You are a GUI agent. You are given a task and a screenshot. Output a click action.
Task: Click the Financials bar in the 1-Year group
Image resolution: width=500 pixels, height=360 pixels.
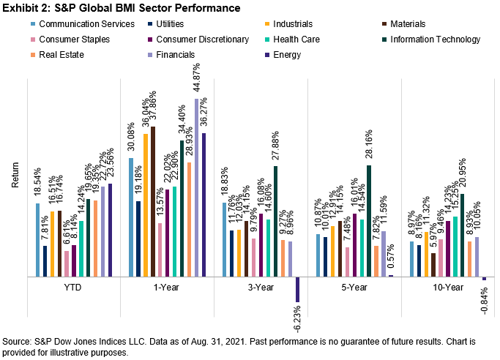(x=197, y=187)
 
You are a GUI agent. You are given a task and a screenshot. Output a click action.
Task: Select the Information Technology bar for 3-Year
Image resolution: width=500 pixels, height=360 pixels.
(x=276, y=221)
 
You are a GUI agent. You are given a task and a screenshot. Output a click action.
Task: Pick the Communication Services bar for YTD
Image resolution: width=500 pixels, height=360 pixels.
(x=37, y=240)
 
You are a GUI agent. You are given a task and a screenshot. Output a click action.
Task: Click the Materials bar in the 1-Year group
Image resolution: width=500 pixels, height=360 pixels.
(x=153, y=202)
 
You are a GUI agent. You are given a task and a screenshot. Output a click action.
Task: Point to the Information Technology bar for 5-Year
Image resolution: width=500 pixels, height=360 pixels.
(x=370, y=221)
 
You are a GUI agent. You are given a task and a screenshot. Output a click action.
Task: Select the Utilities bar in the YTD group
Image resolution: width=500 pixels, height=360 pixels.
(x=45, y=261)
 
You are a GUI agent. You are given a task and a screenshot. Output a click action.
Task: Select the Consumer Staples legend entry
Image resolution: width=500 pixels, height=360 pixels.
(x=63, y=37)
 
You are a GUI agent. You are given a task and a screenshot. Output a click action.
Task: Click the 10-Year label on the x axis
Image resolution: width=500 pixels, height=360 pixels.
(x=447, y=288)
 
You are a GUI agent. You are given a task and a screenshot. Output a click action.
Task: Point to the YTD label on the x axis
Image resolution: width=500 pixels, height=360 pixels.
(x=72, y=288)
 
